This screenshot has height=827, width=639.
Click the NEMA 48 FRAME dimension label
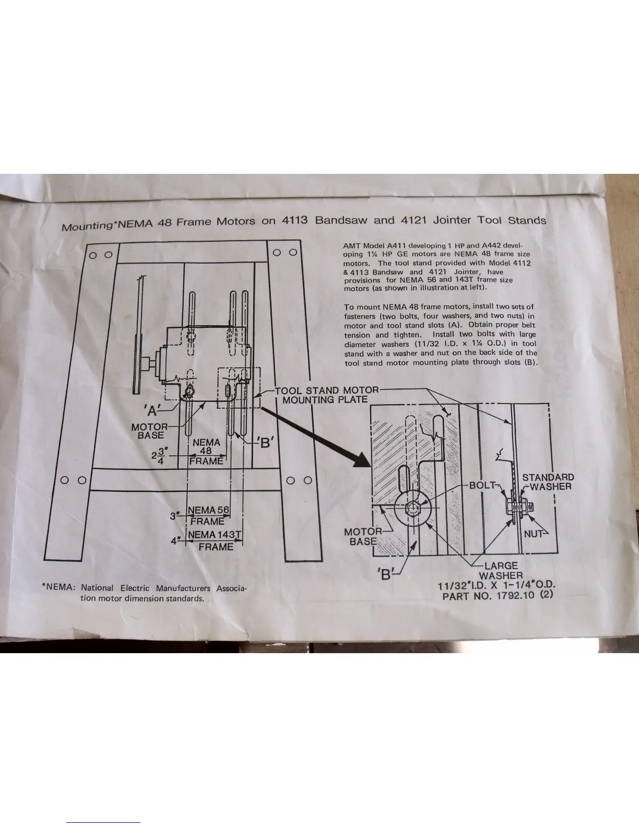tap(206, 452)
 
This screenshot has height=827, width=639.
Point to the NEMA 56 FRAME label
tap(208, 515)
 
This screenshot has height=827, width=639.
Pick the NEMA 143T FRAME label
tap(216, 540)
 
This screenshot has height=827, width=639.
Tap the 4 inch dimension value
tap(174, 541)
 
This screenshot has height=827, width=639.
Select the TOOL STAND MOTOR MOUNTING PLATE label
tap(327, 395)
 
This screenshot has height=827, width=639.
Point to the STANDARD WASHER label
tap(548, 482)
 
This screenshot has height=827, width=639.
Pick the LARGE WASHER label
tap(501, 570)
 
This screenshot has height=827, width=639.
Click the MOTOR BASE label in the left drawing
tap(150, 431)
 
